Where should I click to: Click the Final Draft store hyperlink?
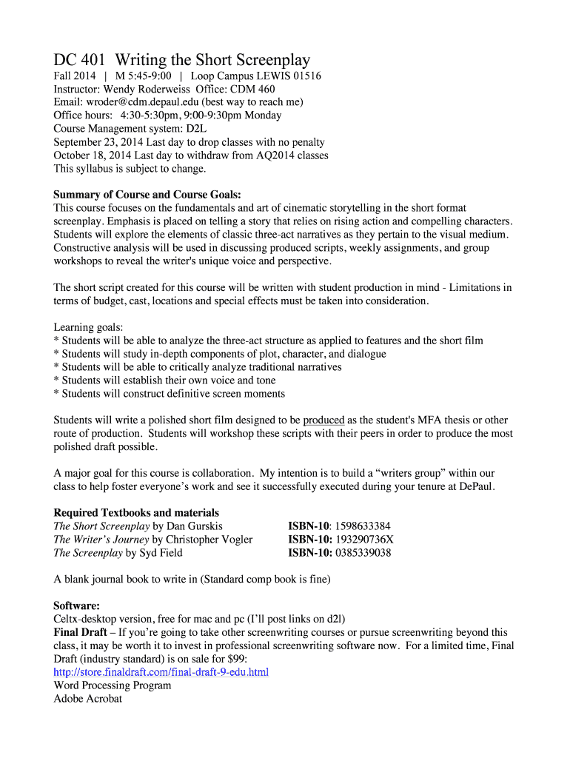(x=161, y=672)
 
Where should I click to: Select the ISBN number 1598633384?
(x=362, y=526)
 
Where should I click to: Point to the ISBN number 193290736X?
(x=365, y=540)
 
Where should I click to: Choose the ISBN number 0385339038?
(x=362, y=553)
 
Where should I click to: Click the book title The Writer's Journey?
(x=101, y=540)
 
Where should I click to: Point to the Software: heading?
(x=77, y=606)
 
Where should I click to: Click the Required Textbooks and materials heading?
(x=136, y=513)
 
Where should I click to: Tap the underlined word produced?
(x=323, y=420)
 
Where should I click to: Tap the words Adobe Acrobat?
(x=87, y=699)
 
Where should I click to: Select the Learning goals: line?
(x=88, y=327)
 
